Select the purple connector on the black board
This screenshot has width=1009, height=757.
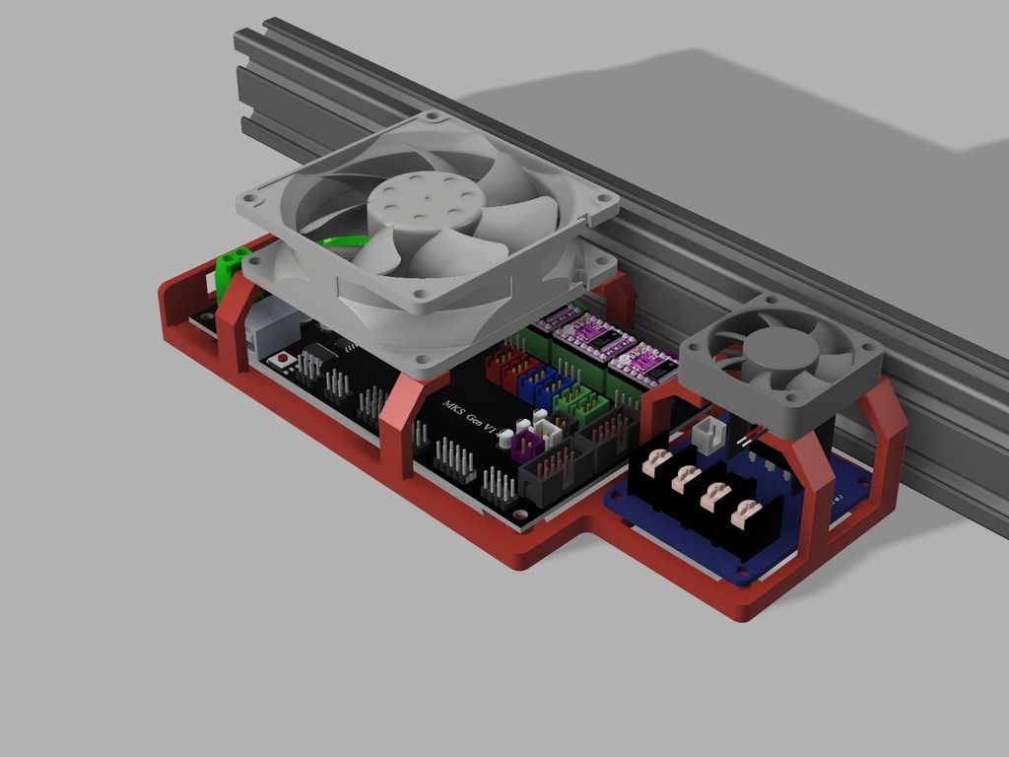coord(523,443)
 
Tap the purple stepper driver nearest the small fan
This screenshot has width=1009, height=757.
coord(643,362)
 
